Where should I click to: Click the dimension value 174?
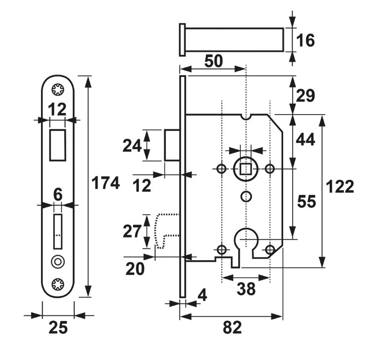(106, 184)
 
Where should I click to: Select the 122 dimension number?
(340, 187)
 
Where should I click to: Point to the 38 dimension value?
(246, 289)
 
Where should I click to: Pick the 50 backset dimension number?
(213, 61)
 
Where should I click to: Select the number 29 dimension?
(306, 95)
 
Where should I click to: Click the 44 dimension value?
(306, 141)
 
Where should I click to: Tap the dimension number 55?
(306, 201)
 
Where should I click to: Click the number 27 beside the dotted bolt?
(132, 231)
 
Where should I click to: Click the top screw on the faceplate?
(58, 89)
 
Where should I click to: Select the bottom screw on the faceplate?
(58, 284)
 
